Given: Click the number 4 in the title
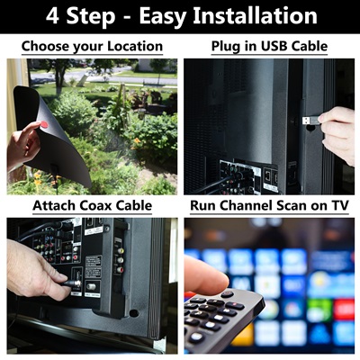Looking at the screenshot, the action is (x=52, y=16).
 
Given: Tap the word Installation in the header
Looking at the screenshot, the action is (x=255, y=16).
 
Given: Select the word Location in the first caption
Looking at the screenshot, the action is (x=135, y=47).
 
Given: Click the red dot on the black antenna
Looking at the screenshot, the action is (x=44, y=124).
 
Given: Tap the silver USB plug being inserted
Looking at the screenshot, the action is (x=310, y=121).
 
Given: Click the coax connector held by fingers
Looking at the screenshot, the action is (x=74, y=283).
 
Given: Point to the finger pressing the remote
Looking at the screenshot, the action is (x=205, y=275).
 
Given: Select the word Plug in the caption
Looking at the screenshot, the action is (x=226, y=47).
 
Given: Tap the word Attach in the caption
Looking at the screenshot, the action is (x=54, y=206).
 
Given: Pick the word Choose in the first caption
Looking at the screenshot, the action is (x=45, y=47).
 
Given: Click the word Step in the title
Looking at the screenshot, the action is (x=91, y=17).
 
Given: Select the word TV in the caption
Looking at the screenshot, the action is (x=340, y=206).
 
